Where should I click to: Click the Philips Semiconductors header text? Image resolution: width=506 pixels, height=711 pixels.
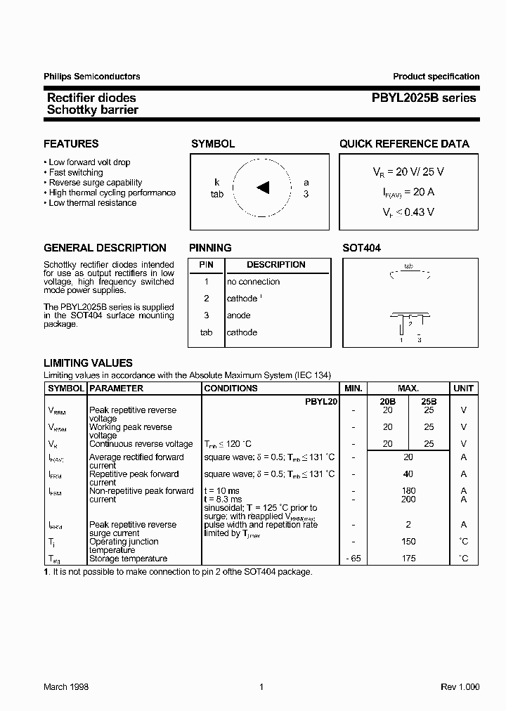(x=91, y=77)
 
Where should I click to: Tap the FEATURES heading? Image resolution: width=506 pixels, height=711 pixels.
(x=71, y=144)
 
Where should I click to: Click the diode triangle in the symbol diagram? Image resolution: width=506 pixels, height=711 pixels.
(x=264, y=187)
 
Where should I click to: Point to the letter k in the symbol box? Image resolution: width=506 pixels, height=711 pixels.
(x=217, y=182)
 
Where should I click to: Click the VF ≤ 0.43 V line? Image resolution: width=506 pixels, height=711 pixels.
(x=408, y=211)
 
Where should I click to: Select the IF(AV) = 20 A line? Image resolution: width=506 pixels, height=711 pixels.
(x=408, y=191)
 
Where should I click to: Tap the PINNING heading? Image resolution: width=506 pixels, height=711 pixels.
(x=210, y=248)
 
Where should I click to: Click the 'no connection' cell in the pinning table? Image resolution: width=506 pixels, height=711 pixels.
(x=253, y=282)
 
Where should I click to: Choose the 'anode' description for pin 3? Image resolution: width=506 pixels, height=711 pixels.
(x=239, y=315)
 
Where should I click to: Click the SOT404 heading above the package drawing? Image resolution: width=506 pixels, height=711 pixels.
(x=361, y=248)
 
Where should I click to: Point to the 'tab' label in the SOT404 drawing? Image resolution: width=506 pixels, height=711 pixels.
(x=408, y=267)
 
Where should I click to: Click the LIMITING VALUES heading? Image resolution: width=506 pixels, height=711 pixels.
(x=88, y=363)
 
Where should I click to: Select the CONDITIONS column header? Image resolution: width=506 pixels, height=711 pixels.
(x=231, y=389)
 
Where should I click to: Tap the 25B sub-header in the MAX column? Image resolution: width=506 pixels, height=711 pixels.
(x=428, y=400)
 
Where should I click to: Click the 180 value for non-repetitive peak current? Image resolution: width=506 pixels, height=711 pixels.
(x=408, y=491)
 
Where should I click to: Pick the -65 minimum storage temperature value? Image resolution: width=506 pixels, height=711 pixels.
(x=353, y=559)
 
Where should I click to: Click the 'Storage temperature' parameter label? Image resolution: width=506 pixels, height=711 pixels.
(x=128, y=559)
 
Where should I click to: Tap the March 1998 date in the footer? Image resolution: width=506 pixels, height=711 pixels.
(x=66, y=687)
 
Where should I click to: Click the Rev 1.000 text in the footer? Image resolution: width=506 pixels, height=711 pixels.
(x=460, y=687)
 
